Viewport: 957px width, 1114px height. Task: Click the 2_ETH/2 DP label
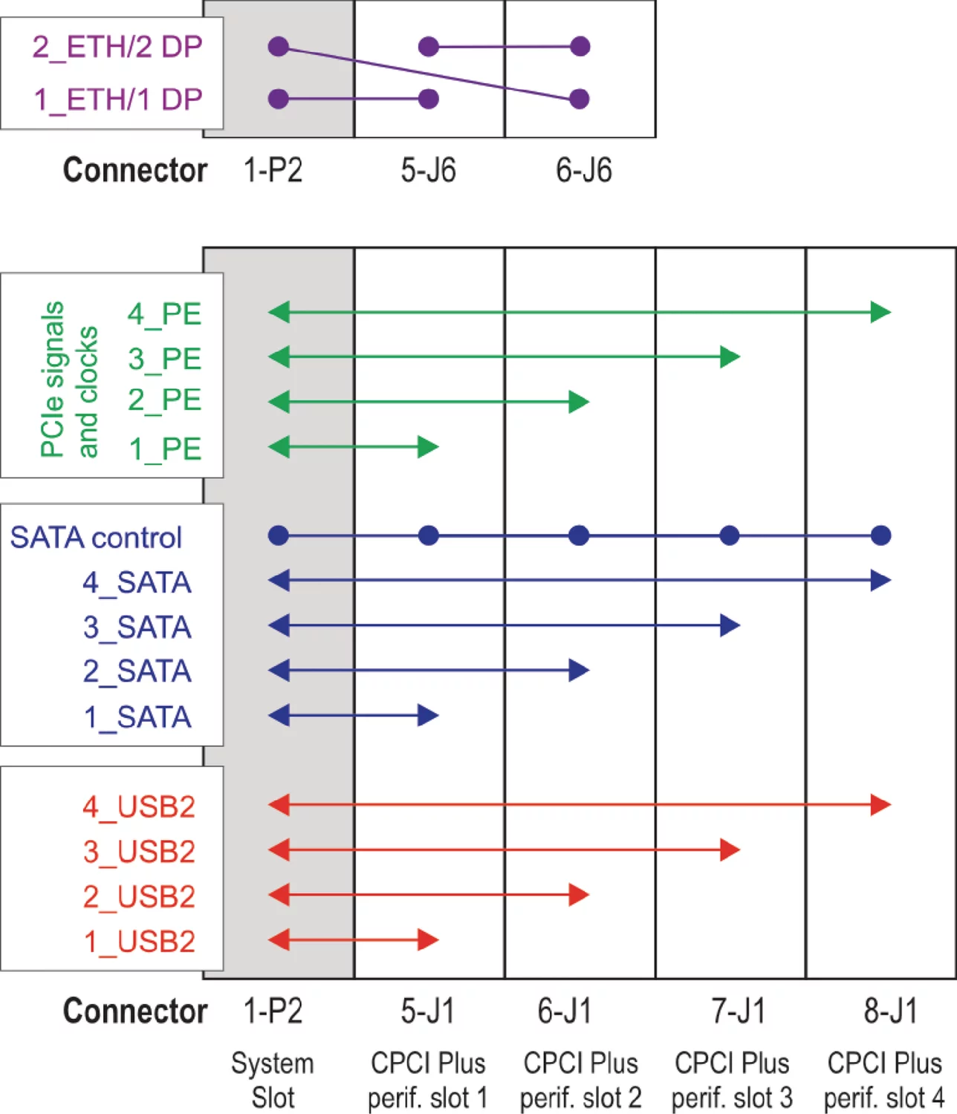[x=117, y=47]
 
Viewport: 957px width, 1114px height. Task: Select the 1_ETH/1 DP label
[x=118, y=99]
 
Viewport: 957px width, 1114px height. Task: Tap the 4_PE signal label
[x=164, y=313]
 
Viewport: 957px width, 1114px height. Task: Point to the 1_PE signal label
[x=164, y=449]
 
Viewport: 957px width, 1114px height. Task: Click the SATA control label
[x=96, y=537]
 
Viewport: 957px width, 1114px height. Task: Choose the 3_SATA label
[x=137, y=627]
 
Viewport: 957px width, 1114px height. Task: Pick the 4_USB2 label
[x=139, y=806]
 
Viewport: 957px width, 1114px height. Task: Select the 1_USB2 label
[x=139, y=941]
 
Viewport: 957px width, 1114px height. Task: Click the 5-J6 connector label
[x=428, y=170]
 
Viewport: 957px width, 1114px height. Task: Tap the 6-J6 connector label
[x=584, y=170]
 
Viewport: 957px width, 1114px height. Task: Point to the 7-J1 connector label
[x=738, y=1011]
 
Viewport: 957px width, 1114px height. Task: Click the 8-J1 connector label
[x=890, y=1011]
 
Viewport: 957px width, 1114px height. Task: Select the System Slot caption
[x=273, y=1080]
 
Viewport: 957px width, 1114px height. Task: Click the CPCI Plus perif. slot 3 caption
[x=732, y=1080]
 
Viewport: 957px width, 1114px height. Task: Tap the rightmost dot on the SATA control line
[x=880, y=535]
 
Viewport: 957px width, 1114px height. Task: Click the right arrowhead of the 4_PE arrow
[x=881, y=312]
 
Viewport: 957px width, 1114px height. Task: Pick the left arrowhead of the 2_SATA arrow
[x=279, y=670]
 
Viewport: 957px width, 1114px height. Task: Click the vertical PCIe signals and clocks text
[x=68, y=379]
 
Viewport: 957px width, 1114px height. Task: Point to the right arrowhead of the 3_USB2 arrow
[x=730, y=850]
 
